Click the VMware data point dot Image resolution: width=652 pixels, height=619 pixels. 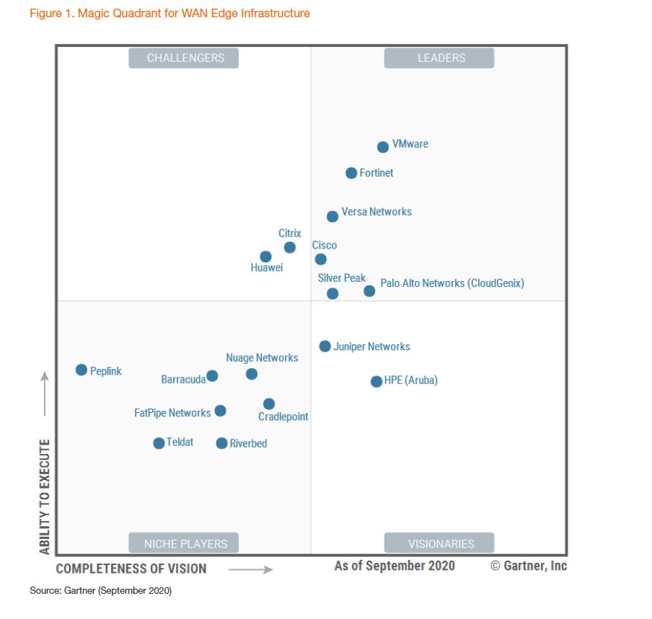(x=383, y=147)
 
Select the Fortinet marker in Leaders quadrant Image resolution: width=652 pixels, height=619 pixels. (x=351, y=173)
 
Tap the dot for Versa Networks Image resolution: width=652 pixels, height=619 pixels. (x=332, y=216)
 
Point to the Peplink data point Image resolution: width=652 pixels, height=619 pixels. (x=81, y=370)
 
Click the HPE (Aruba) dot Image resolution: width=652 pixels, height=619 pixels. (x=376, y=381)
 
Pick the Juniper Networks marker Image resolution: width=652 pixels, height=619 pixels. (x=325, y=346)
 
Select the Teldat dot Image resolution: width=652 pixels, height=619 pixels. (x=159, y=443)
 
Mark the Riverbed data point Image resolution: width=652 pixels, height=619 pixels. (x=221, y=443)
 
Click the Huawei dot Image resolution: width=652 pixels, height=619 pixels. (x=265, y=257)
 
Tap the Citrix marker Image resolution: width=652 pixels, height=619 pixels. (x=290, y=247)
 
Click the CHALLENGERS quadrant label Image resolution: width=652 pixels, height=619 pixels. (x=184, y=58)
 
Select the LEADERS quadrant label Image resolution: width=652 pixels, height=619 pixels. (x=439, y=58)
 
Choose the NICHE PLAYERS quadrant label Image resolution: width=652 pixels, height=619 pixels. (x=184, y=543)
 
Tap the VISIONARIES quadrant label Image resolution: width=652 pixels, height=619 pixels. (x=439, y=543)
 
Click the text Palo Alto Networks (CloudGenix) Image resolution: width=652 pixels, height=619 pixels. (x=451, y=283)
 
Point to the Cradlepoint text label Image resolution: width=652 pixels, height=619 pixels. (x=283, y=417)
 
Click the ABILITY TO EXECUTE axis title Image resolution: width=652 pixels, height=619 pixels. (x=45, y=496)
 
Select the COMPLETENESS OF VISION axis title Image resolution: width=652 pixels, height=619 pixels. (x=131, y=569)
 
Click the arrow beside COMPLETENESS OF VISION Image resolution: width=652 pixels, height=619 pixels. (x=250, y=569)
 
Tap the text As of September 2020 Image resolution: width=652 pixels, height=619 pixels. (x=395, y=566)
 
